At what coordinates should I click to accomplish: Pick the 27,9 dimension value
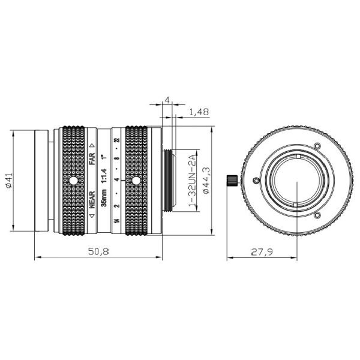(261, 252)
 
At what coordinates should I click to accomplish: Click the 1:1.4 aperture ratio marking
(104, 173)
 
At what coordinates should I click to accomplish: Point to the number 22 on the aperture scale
(118, 140)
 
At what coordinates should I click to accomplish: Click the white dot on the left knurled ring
(73, 181)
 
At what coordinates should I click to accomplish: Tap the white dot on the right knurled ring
(136, 181)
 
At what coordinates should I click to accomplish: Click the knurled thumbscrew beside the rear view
(232, 180)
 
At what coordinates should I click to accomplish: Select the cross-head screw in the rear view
(257, 181)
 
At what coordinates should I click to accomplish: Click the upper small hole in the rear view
(317, 146)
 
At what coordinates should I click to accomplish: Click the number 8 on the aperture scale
(118, 160)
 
